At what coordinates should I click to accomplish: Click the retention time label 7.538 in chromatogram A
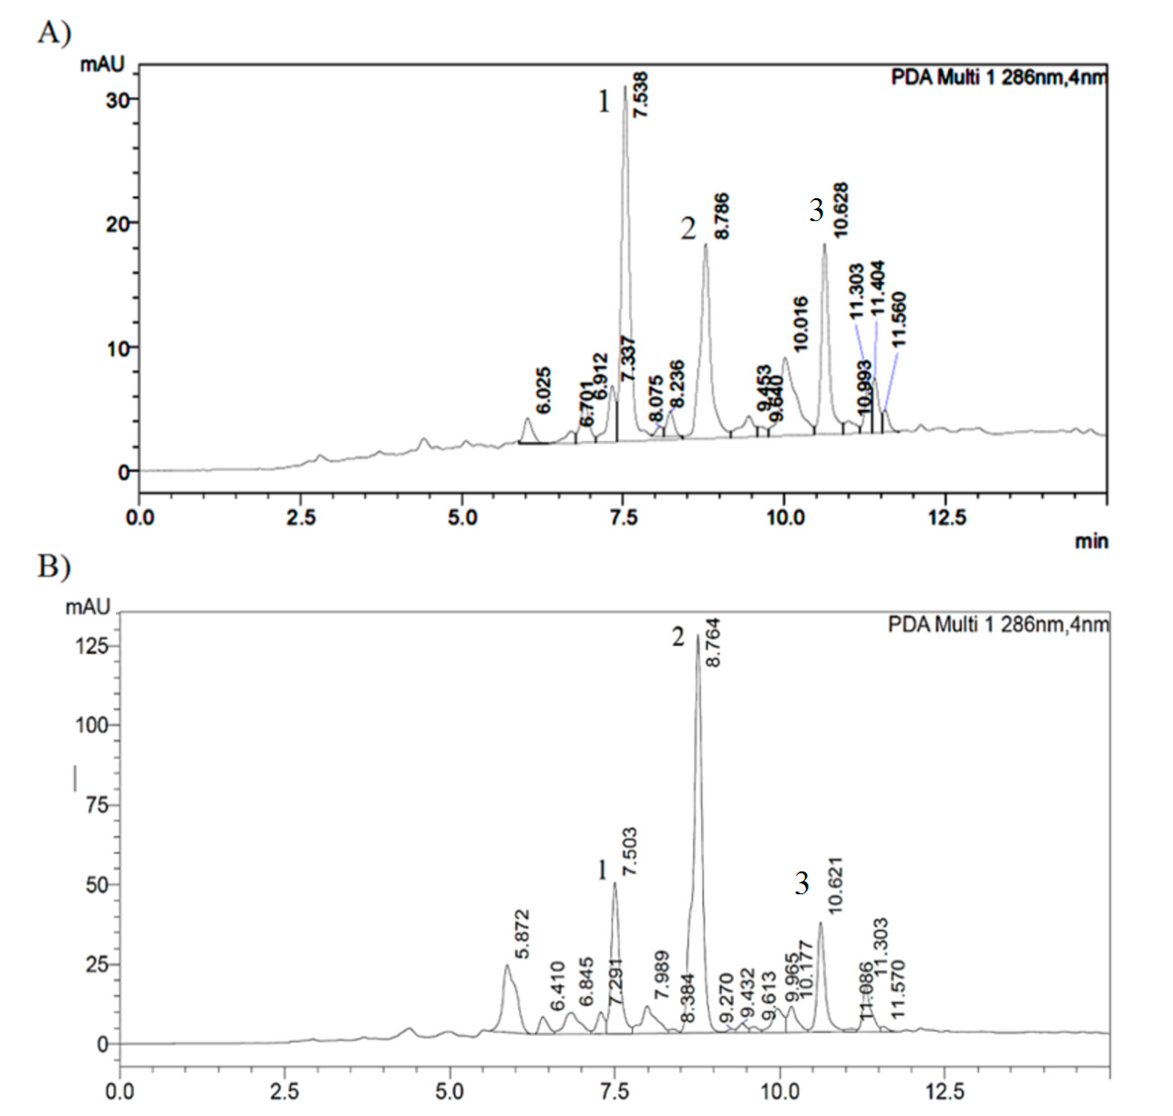(x=641, y=95)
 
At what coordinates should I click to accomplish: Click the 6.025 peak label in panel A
(x=543, y=390)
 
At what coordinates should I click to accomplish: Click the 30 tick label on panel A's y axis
(x=118, y=100)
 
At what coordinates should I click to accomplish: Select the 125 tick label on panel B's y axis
(x=92, y=646)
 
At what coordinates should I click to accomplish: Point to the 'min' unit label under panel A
(x=1091, y=541)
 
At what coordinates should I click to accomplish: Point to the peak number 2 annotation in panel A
(x=688, y=229)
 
